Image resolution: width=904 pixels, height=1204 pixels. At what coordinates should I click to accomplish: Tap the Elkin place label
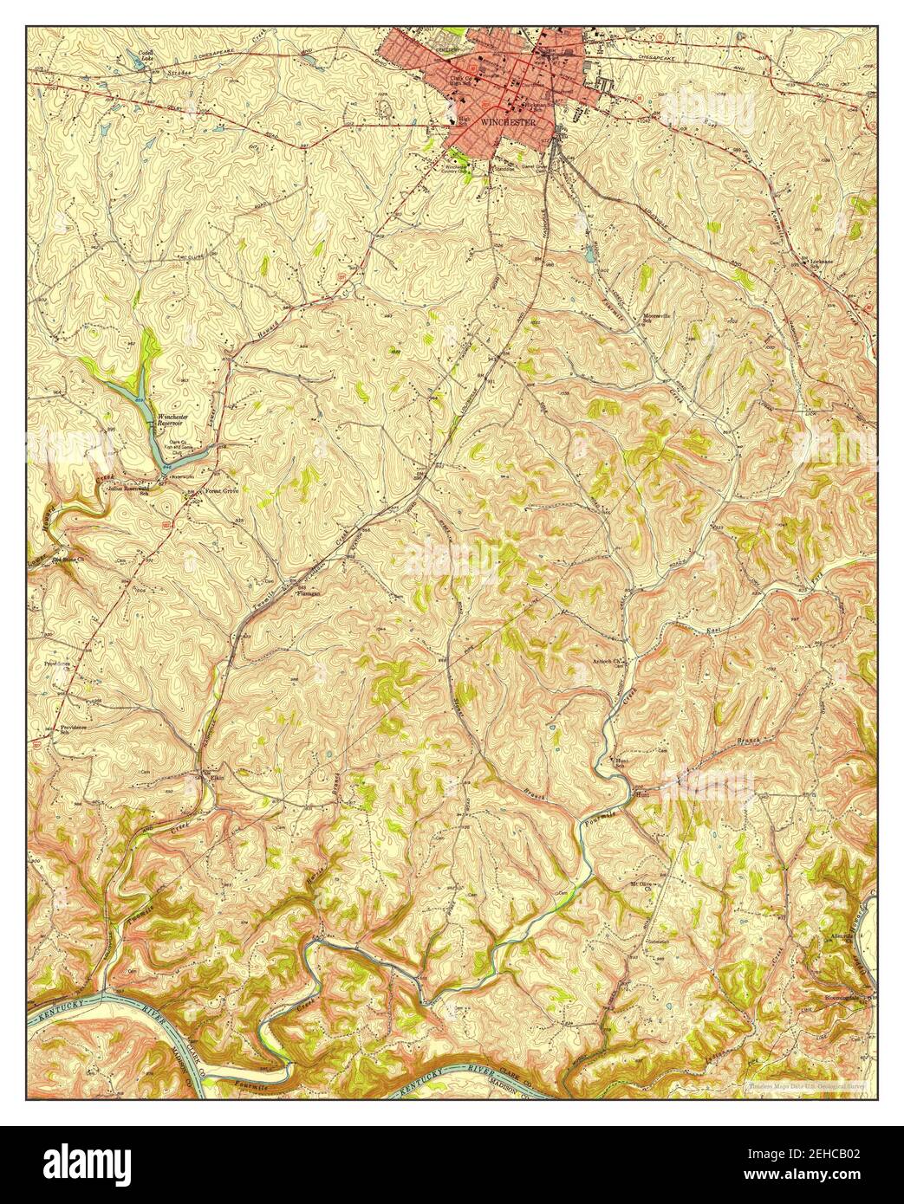tap(213, 777)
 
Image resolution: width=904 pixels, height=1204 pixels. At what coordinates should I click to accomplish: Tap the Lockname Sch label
tap(821, 263)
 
